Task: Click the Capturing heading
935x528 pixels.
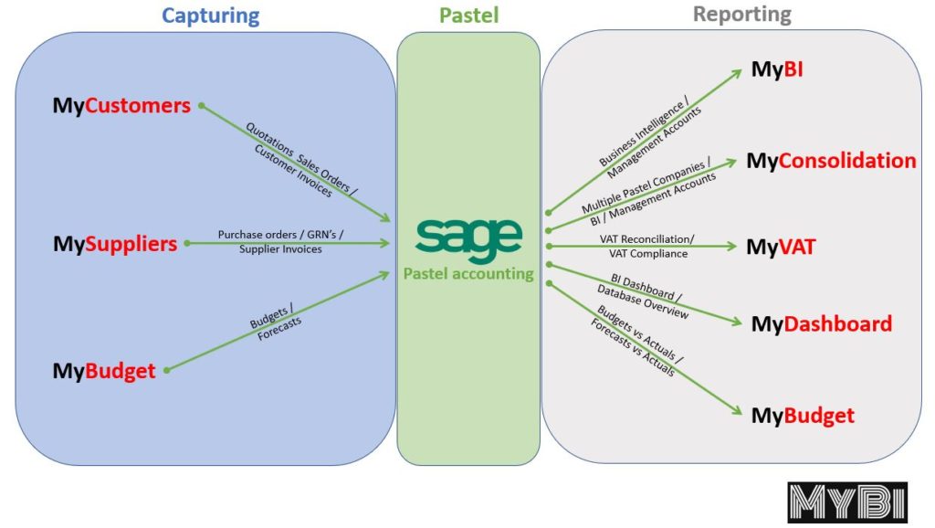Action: click(210, 16)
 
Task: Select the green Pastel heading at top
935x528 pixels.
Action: click(468, 16)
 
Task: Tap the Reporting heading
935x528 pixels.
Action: click(741, 15)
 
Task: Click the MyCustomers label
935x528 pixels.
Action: click(121, 106)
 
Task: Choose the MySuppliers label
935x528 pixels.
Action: click(115, 244)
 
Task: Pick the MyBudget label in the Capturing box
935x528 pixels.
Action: click(104, 371)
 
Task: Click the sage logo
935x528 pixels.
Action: click(468, 238)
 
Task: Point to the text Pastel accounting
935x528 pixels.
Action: click(469, 274)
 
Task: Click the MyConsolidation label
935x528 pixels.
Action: click(831, 161)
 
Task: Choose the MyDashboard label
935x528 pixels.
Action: click(821, 324)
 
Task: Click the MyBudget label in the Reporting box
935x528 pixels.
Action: click(803, 416)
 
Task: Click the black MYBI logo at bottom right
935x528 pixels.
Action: click(846, 502)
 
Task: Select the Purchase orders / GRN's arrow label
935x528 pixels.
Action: click(281, 242)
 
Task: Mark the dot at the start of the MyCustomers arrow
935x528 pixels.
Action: click(201, 106)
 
